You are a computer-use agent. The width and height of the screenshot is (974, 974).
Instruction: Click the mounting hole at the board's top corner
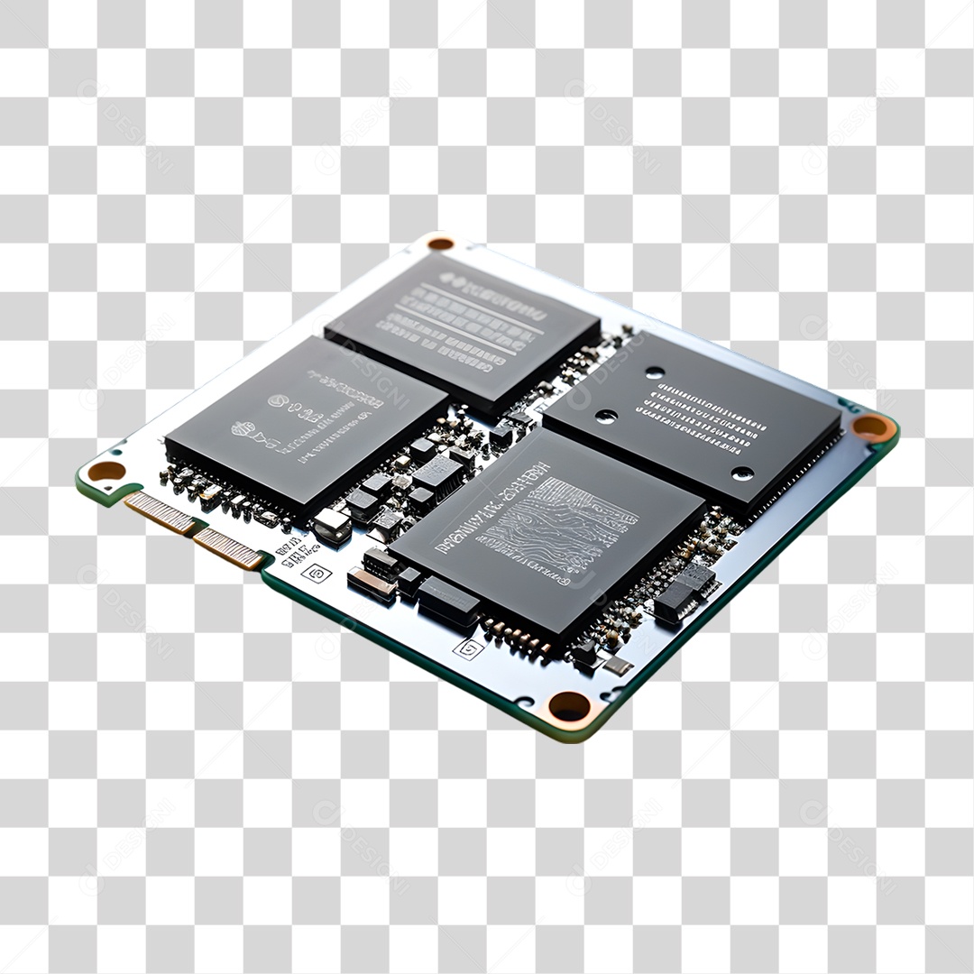click(x=440, y=243)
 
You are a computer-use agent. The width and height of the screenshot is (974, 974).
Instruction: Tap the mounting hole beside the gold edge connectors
click(x=106, y=470)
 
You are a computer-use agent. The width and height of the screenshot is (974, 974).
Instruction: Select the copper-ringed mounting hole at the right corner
click(x=871, y=427)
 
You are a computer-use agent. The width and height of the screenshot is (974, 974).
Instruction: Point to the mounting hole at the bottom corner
click(x=569, y=705)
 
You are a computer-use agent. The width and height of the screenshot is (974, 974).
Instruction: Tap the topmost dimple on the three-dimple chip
click(x=654, y=372)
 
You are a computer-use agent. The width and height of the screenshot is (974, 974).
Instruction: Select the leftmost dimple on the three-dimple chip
click(x=606, y=416)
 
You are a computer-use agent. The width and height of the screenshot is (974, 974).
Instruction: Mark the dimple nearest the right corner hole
click(x=742, y=473)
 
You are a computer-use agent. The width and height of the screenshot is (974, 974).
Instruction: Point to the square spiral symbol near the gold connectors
click(x=317, y=573)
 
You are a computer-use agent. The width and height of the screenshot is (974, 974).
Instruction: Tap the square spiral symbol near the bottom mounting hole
click(x=468, y=648)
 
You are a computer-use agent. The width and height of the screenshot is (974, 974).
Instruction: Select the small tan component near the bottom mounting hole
click(x=618, y=666)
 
